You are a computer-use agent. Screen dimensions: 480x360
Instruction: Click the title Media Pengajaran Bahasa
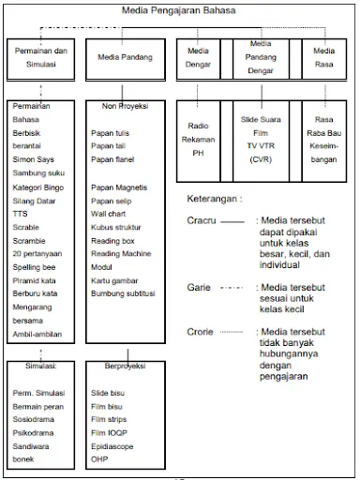pyautogui.click(x=179, y=10)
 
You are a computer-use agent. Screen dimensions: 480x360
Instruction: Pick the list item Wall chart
pyautogui.click(x=111, y=214)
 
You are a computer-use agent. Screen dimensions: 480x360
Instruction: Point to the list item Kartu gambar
pyautogui.click(x=115, y=280)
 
